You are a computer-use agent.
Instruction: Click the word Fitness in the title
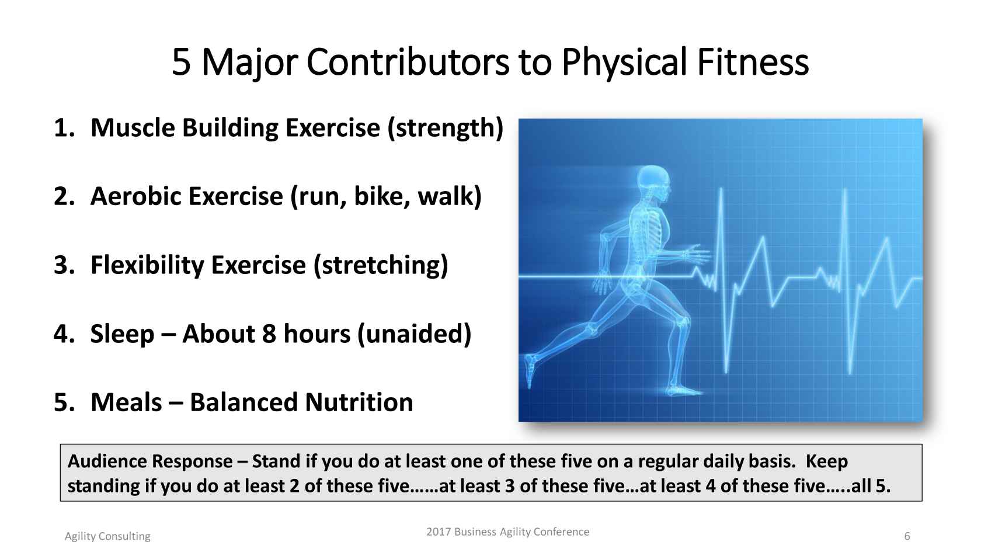752,62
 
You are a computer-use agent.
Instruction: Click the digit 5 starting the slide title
181,63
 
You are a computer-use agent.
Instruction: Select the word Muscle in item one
132,128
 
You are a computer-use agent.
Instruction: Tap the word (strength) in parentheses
446,129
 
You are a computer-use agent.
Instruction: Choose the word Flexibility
147,265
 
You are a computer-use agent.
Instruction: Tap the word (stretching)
381,265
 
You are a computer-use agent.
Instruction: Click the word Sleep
122,335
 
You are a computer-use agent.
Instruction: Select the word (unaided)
415,335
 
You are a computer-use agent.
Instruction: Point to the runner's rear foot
530,370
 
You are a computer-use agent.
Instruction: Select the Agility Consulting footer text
107,537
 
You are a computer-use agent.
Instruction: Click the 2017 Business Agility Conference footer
507,532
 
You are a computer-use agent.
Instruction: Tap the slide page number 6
907,536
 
